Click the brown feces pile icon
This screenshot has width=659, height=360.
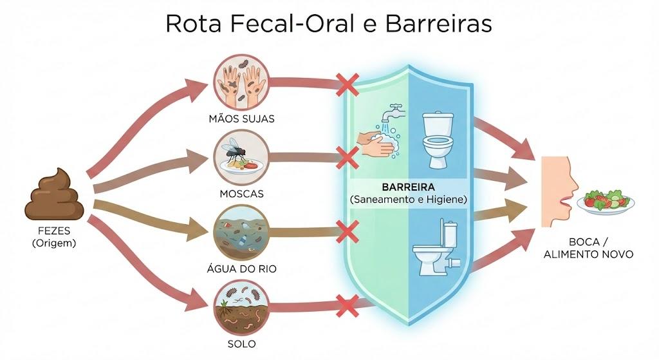(x=55, y=194)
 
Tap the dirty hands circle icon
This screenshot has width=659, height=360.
(x=241, y=83)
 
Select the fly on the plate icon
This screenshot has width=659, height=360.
(x=241, y=158)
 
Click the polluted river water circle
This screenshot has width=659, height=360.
(x=241, y=232)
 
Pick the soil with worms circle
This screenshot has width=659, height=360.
(x=241, y=307)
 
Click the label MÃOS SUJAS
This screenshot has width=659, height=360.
(x=242, y=118)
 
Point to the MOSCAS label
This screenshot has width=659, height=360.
(x=242, y=194)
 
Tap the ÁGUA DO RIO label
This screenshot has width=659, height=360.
(x=242, y=269)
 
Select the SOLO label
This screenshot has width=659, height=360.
(x=242, y=344)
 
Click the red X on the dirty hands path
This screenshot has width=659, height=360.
(x=348, y=84)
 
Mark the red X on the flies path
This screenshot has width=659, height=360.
(x=348, y=158)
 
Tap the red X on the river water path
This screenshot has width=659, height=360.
(x=348, y=232)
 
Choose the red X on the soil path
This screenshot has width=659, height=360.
(x=348, y=306)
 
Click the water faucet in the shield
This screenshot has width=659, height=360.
(x=393, y=112)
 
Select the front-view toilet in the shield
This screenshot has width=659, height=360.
(x=438, y=140)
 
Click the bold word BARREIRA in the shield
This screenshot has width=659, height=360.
(x=408, y=187)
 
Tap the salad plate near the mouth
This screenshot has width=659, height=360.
(x=606, y=202)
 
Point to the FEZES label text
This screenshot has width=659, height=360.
(x=54, y=231)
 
